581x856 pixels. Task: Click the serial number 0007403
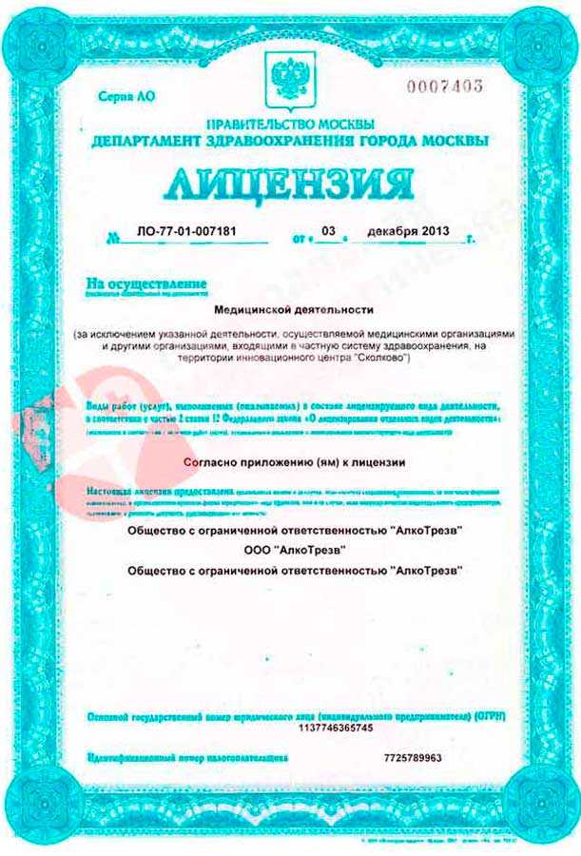(445, 87)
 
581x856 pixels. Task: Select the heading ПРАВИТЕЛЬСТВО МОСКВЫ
(290, 125)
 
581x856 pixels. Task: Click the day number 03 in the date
(329, 231)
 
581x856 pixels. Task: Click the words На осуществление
(145, 283)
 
